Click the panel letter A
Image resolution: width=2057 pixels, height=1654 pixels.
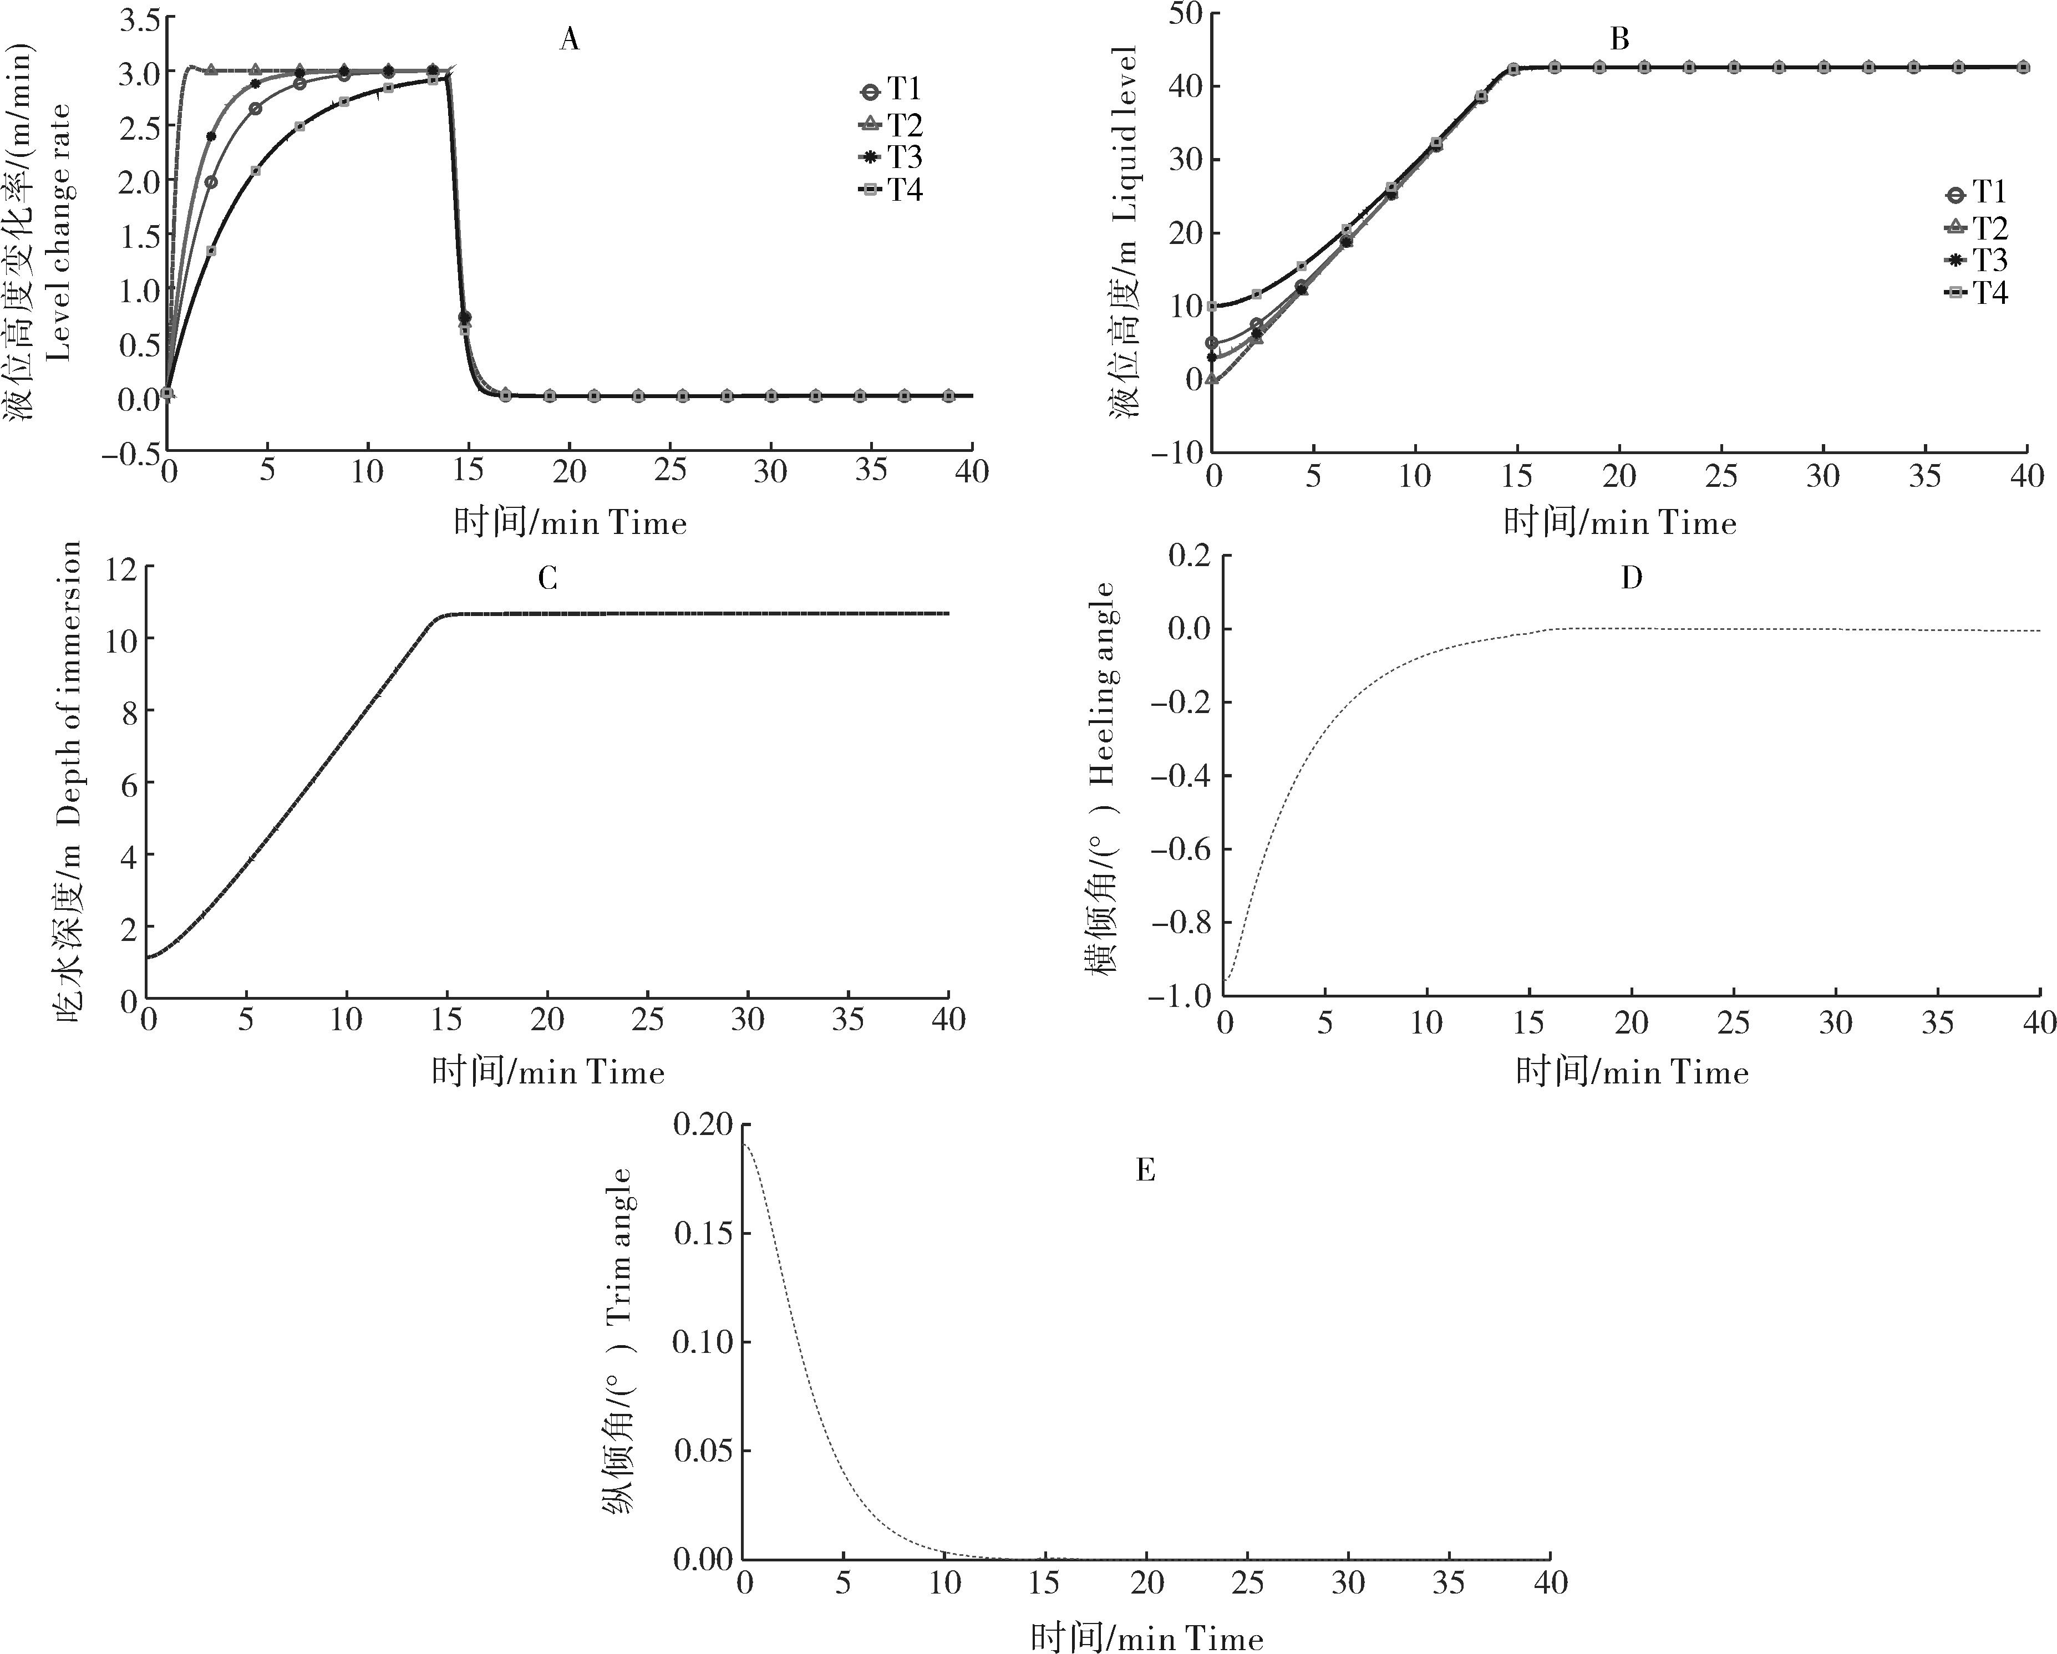click(570, 39)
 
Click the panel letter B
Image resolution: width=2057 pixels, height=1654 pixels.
click(1619, 39)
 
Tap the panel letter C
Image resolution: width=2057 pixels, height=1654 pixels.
click(547, 578)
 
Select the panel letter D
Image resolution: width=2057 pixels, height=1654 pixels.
click(1632, 578)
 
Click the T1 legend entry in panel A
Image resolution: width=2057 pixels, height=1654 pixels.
click(891, 90)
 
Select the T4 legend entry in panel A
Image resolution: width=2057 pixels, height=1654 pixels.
click(891, 190)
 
